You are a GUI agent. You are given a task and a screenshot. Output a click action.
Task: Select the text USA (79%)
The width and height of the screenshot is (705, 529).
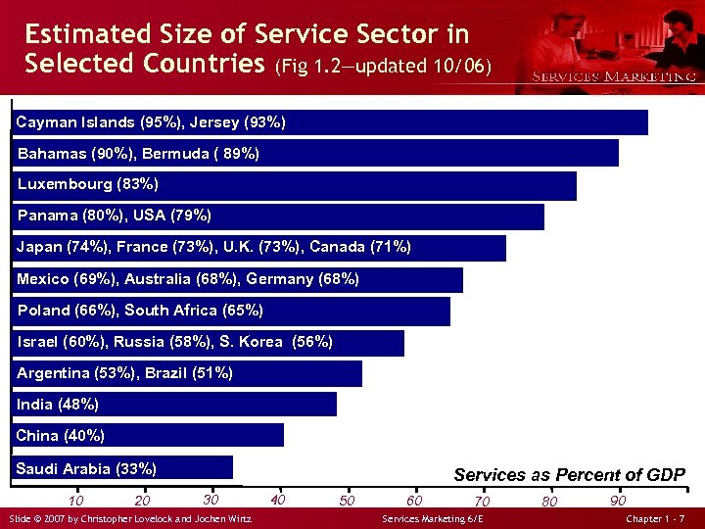pos(176,216)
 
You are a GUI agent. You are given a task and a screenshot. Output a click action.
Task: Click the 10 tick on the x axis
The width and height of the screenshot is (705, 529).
pos(75,502)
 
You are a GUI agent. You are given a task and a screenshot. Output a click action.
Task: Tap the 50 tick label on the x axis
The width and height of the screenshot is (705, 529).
pos(347,501)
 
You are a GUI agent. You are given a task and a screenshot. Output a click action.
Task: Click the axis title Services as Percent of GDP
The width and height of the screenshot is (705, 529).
pos(569,475)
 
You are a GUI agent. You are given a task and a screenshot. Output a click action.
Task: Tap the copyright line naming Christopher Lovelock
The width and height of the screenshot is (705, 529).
pos(129,517)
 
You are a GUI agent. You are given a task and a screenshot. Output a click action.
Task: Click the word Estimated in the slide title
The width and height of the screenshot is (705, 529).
pos(85,34)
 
